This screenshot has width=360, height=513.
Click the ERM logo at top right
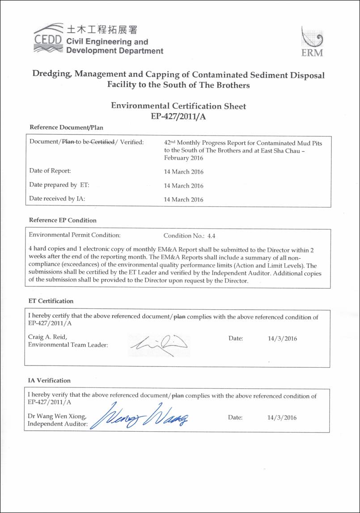tap(312, 42)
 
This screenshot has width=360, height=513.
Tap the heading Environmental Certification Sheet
tap(178, 106)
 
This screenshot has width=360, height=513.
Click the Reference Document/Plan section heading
tap(66, 127)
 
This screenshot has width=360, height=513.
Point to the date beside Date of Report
tap(183, 171)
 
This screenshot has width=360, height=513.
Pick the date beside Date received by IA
tap(183, 200)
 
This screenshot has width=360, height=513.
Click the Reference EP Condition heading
tap(63, 220)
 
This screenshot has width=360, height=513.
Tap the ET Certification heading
tap(51, 301)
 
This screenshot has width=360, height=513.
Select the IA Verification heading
tap(50, 380)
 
